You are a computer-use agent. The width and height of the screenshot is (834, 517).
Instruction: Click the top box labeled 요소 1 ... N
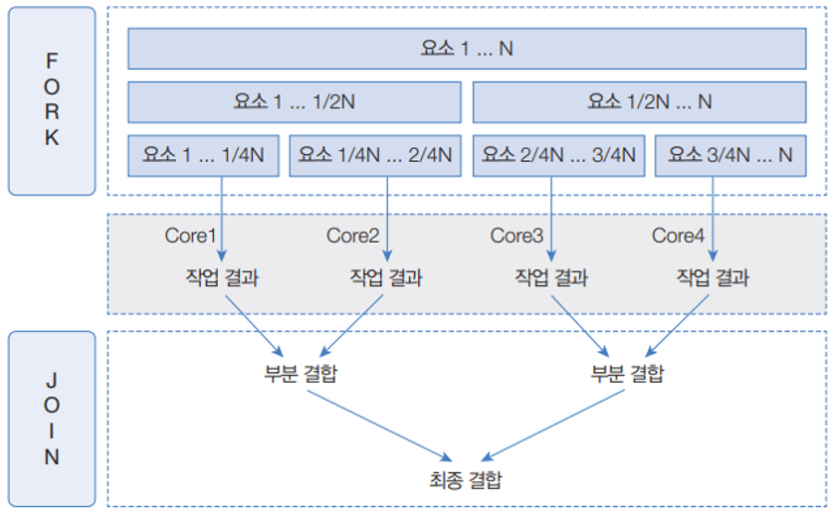[x=466, y=48]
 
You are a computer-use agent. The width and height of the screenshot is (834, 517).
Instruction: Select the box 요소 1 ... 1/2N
[x=295, y=101]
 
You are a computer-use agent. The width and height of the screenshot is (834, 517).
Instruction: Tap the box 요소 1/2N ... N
[x=639, y=101]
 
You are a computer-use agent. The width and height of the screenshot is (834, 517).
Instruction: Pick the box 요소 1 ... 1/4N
[x=204, y=155]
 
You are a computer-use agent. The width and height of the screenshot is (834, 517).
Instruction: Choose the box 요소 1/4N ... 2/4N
[x=375, y=155]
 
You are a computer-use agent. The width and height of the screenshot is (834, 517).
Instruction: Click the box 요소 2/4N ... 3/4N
[x=558, y=155]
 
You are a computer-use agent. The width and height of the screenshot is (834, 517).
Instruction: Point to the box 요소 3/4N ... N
[x=730, y=155]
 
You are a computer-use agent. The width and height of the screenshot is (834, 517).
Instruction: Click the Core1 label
[x=190, y=236]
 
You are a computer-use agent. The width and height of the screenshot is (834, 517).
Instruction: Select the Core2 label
[x=353, y=236]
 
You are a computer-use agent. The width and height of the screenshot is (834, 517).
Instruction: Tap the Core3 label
[x=517, y=236]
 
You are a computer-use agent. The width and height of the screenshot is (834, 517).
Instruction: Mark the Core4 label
[x=679, y=236]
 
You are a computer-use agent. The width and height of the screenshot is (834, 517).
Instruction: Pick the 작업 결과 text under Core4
[x=713, y=277]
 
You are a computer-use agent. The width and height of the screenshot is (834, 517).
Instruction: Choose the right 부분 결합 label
[x=628, y=375]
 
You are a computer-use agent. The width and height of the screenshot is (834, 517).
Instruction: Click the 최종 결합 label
[x=466, y=482]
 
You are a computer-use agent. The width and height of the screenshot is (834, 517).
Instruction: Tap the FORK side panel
[x=52, y=100]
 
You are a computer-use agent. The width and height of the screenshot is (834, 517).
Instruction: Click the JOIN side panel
[x=52, y=419]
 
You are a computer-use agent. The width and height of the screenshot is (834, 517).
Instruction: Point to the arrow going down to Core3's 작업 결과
[x=550, y=219]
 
